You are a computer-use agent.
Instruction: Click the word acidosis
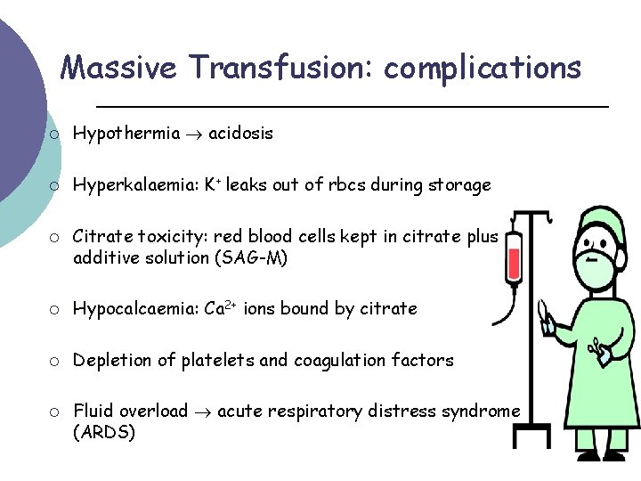[x=240, y=134]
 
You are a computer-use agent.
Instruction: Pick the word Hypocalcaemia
[x=134, y=309]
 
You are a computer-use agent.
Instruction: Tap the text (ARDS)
[x=104, y=432]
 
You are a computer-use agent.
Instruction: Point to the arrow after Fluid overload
[x=203, y=412]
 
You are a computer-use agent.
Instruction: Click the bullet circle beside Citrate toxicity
[x=54, y=237]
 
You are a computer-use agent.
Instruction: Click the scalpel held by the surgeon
[x=540, y=312]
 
